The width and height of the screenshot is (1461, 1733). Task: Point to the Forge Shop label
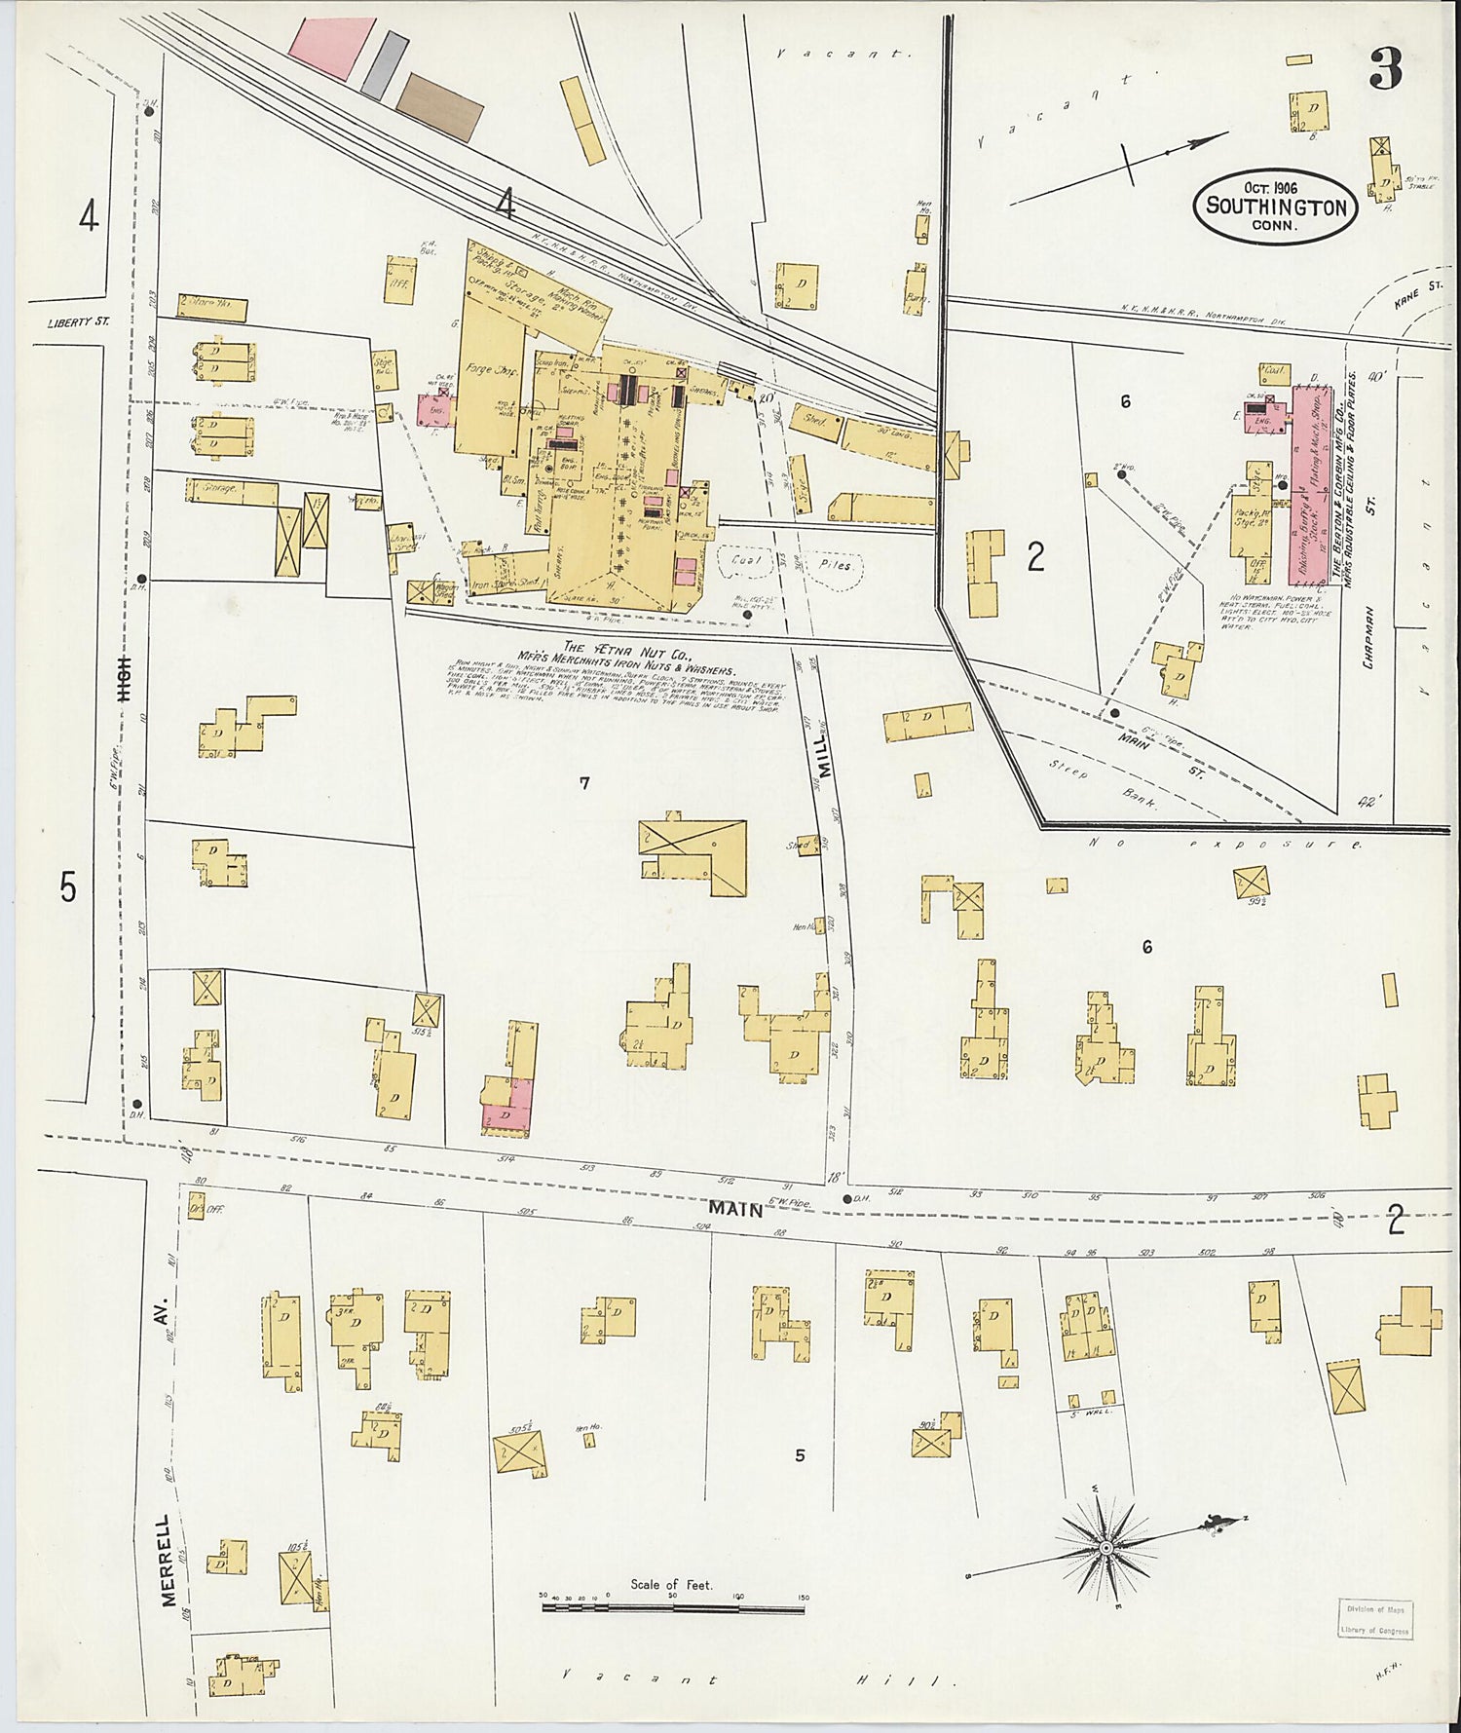[x=494, y=371]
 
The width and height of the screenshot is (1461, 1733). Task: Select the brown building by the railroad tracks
[x=439, y=105]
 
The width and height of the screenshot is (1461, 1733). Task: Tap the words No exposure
[x=1222, y=844]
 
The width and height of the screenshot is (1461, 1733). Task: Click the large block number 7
[x=583, y=782]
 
